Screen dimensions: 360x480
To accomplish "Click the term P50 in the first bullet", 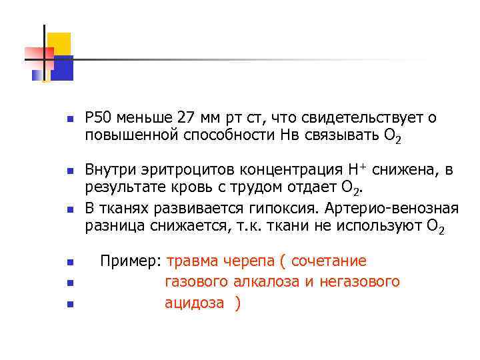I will (98, 118).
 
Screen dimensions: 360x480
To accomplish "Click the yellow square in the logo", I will (59, 43).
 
